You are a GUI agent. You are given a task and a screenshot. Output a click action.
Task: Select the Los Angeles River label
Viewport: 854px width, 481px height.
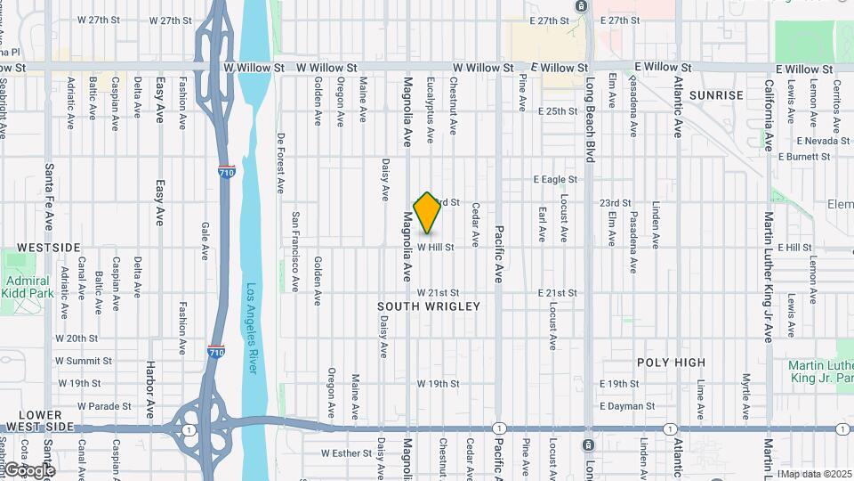point(253,329)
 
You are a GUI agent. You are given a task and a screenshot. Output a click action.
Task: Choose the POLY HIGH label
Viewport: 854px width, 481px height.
point(672,363)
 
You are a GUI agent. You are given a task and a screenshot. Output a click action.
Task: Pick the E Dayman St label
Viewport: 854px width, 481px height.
point(627,406)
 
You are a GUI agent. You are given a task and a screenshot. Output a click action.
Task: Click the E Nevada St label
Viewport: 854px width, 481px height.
point(824,141)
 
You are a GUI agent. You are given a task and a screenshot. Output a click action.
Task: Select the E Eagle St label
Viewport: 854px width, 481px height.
point(555,179)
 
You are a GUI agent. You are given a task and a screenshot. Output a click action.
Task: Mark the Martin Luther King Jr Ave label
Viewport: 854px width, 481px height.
point(768,276)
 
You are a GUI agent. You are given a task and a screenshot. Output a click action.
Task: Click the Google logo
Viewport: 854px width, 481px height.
point(28,469)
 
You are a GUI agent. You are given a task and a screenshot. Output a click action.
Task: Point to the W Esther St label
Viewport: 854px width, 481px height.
point(346,452)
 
